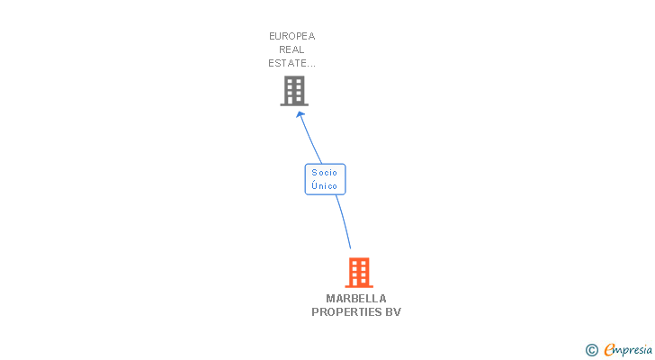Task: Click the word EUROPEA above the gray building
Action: pos(292,36)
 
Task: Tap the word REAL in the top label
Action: pos(292,49)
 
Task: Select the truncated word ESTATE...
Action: pos(292,63)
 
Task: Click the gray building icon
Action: pos(294,90)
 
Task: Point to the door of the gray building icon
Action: pos(294,100)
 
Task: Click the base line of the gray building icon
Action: pos(294,104)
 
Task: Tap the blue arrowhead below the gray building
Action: pos(301,114)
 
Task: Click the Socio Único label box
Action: pos(324,179)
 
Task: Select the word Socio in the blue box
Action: pos(324,172)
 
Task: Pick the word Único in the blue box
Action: pos(324,186)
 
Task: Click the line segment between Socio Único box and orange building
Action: pos(343,221)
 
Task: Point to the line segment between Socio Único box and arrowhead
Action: pos(312,139)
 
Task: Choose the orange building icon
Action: pos(358,272)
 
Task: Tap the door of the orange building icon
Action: pos(358,282)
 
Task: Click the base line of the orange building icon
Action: pos(358,286)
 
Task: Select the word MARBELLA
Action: pos(356,299)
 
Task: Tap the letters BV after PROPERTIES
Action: pos(393,312)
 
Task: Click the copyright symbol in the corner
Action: pos(592,349)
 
